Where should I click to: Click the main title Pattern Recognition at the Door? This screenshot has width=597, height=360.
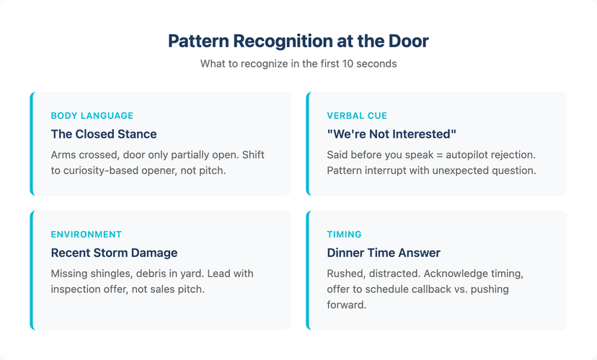pos(298,41)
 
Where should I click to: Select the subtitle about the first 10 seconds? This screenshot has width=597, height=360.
pos(298,63)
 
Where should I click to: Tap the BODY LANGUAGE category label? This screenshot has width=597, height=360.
pos(92,115)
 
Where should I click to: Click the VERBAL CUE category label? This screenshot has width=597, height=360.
pos(357,115)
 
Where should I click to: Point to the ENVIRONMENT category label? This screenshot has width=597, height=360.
pos(86,234)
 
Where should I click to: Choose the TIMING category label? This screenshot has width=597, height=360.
pos(345,234)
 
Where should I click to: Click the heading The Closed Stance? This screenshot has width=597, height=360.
pos(103,134)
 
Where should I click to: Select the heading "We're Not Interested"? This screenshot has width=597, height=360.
pos(392,134)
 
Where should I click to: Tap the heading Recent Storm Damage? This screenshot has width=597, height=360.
pos(114,253)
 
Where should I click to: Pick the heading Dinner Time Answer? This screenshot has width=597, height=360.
pos(384,253)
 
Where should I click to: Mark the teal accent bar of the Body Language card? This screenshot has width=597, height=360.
pos(32,144)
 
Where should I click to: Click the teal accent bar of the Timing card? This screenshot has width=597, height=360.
pos(308,270)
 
